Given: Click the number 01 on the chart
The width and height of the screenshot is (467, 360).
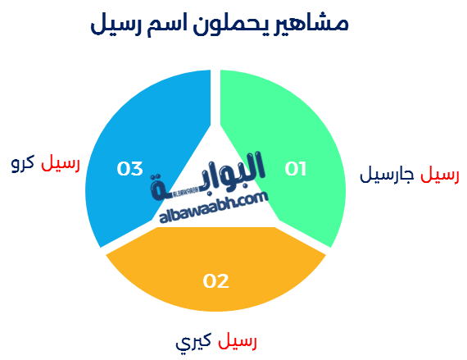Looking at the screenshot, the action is (296, 169).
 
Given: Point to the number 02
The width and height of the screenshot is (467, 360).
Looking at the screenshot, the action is (216, 280).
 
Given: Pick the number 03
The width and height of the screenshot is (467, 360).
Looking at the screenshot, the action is (129, 169).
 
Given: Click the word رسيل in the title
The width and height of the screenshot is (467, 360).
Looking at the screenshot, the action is (116, 25).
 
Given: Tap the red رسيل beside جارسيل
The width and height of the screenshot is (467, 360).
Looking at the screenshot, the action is (440, 175).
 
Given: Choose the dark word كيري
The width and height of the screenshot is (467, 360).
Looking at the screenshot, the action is (193, 341).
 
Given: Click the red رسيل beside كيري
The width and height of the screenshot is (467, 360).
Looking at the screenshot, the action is (238, 341).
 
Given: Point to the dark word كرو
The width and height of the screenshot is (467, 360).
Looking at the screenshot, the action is (23, 163).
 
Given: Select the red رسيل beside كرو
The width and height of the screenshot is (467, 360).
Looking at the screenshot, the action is (61, 163).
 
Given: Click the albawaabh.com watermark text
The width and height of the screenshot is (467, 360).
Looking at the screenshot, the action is (214, 208).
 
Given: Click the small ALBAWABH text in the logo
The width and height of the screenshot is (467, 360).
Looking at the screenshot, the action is (185, 193).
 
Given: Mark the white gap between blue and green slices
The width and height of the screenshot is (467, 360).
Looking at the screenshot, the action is (215, 98).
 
